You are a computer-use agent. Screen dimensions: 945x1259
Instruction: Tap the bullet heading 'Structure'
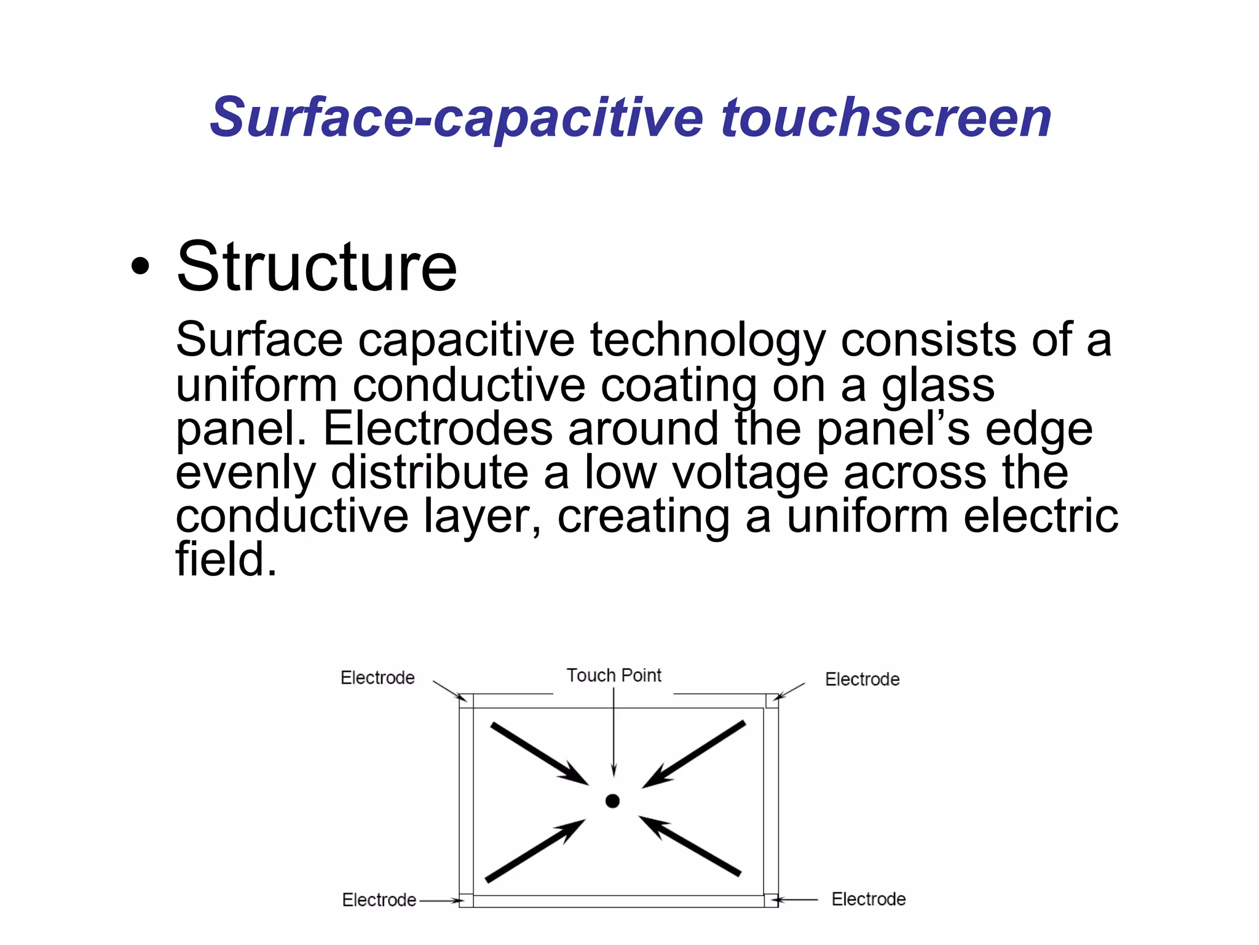[x=317, y=267]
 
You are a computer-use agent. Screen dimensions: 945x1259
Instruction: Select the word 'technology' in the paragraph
[x=707, y=340]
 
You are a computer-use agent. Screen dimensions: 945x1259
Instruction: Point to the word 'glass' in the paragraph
[x=938, y=386]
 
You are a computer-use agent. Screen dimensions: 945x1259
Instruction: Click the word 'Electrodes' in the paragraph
[x=438, y=429]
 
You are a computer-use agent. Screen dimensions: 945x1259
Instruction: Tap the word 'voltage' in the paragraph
[x=750, y=473]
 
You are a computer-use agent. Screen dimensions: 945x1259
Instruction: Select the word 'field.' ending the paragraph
[x=226, y=559]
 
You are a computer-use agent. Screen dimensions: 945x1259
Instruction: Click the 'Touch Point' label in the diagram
[x=614, y=676]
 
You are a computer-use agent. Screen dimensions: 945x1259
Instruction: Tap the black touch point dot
[x=612, y=800]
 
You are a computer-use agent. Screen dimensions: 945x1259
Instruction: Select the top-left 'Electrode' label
[x=377, y=678]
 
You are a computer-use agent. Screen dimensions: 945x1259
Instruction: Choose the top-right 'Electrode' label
[x=862, y=679]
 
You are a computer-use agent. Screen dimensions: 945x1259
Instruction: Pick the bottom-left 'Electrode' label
[x=379, y=900]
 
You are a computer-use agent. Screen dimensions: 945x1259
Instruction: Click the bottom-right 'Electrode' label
[x=868, y=899]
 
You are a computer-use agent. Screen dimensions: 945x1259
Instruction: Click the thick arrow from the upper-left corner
[x=539, y=754]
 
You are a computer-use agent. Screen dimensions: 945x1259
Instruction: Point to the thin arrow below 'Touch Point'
[x=614, y=732]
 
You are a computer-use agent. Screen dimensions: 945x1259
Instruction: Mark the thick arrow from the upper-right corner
[x=694, y=754]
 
